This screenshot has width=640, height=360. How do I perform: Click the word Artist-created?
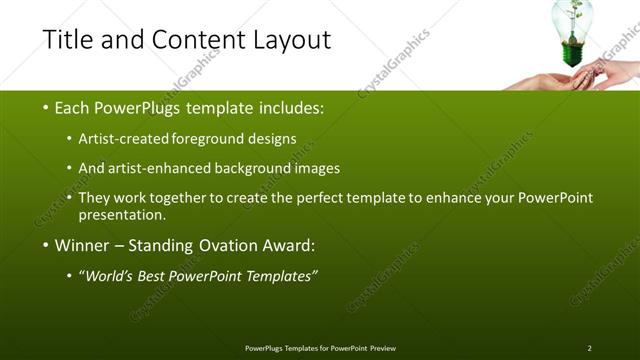click(x=130, y=138)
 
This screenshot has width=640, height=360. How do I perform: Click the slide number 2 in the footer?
click(x=589, y=348)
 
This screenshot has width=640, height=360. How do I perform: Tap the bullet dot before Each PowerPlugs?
click(x=46, y=107)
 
